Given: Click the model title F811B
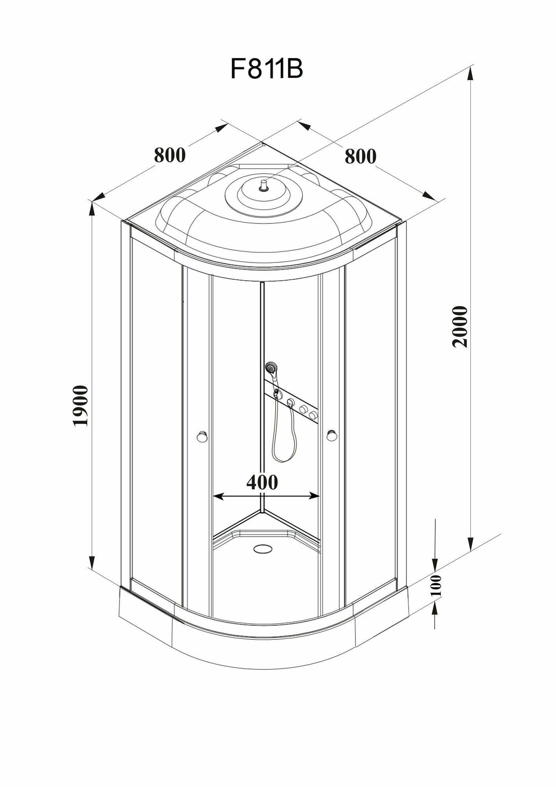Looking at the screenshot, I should (267, 70).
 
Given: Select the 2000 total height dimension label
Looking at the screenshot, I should (460, 326).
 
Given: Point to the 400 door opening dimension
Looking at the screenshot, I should (262, 482).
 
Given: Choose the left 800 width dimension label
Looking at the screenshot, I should (169, 155).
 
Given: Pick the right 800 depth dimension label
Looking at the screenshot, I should (360, 156).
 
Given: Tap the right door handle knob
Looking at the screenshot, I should (331, 435).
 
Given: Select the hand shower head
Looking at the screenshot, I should (270, 368).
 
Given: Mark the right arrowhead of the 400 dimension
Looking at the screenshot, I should (315, 496).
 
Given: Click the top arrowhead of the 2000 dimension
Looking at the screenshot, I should (470, 75).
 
